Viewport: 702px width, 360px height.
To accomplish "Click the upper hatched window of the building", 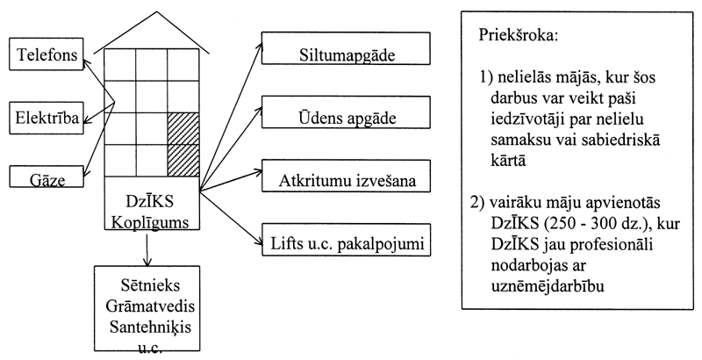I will point(183,127).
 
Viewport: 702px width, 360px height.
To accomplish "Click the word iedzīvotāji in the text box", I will point(529,117).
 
